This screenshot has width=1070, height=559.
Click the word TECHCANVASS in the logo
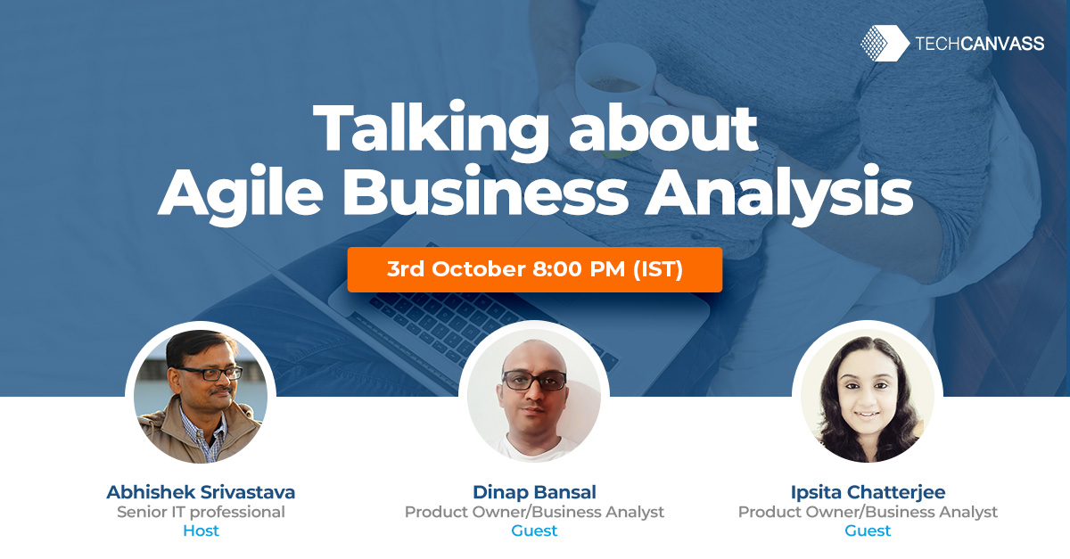pyautogui.click(x=979, y=44)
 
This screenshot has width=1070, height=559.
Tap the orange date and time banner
pyautogui.click(x=535, y=269)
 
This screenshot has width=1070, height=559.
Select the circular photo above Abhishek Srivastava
pyautogui.click(x=201, y=397)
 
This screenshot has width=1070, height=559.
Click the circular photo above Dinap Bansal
pyautogui.click(x=534, y=397)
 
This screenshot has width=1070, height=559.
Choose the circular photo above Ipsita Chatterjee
pyautogui.click(x=868, y=397)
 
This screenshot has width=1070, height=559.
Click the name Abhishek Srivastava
pyautogui.click(x=201, y=492)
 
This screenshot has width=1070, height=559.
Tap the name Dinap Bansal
pyautogui.click(x=534, y=492)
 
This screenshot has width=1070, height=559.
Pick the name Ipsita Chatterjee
pyautogui.click(x=868, y=492)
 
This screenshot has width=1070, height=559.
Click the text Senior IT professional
pyautogui.click(x=201, y=512)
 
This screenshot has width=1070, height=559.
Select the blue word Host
pyautogui.click(x=201, y=531)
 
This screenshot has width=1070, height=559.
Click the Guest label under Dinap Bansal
pyautogui.click(x=534, y=531)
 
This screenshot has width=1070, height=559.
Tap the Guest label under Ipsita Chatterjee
pyautogui.click(x=868, y=531)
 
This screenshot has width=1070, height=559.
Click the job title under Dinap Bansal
pyautogui.click(x=534, y=512)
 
